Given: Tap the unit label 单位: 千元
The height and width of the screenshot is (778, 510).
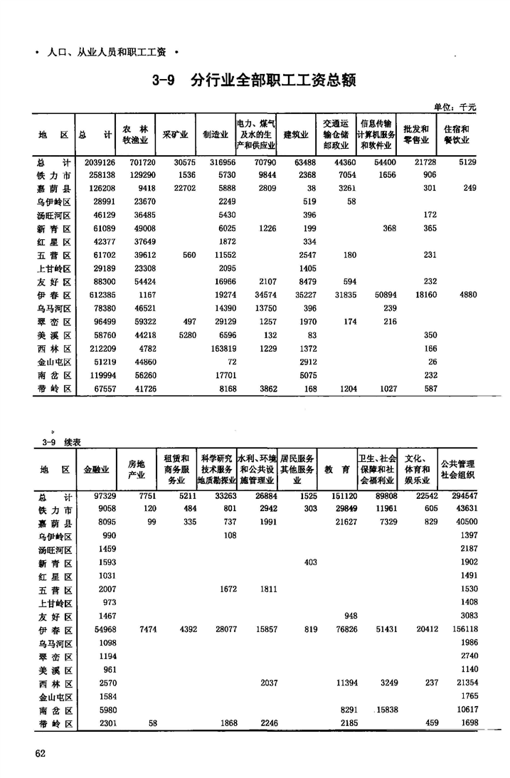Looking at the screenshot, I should pyautogui.click(x=455, y=107).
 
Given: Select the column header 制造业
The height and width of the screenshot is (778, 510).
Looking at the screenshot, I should pyautogui.click(x=215, y=135).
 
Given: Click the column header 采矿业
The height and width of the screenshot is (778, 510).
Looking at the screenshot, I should pyautogui.click(x=175, y=135).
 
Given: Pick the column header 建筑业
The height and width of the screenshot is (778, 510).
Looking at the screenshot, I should pyautogui.click(x=296, y=135).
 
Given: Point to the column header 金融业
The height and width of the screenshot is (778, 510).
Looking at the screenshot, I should pyautogui.click(x=97, y=470).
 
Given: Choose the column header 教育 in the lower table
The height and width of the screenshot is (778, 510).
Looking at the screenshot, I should pyautogui.click(x=335, y=470).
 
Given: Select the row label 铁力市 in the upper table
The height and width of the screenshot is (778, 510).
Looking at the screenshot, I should pyautogui.click(x=55, y=176).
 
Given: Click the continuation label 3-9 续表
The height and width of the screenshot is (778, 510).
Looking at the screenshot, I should pyautogui.click(x=60, y=443).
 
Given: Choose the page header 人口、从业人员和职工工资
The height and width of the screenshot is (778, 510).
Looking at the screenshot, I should pyautogui.click(x=106, y=52).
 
